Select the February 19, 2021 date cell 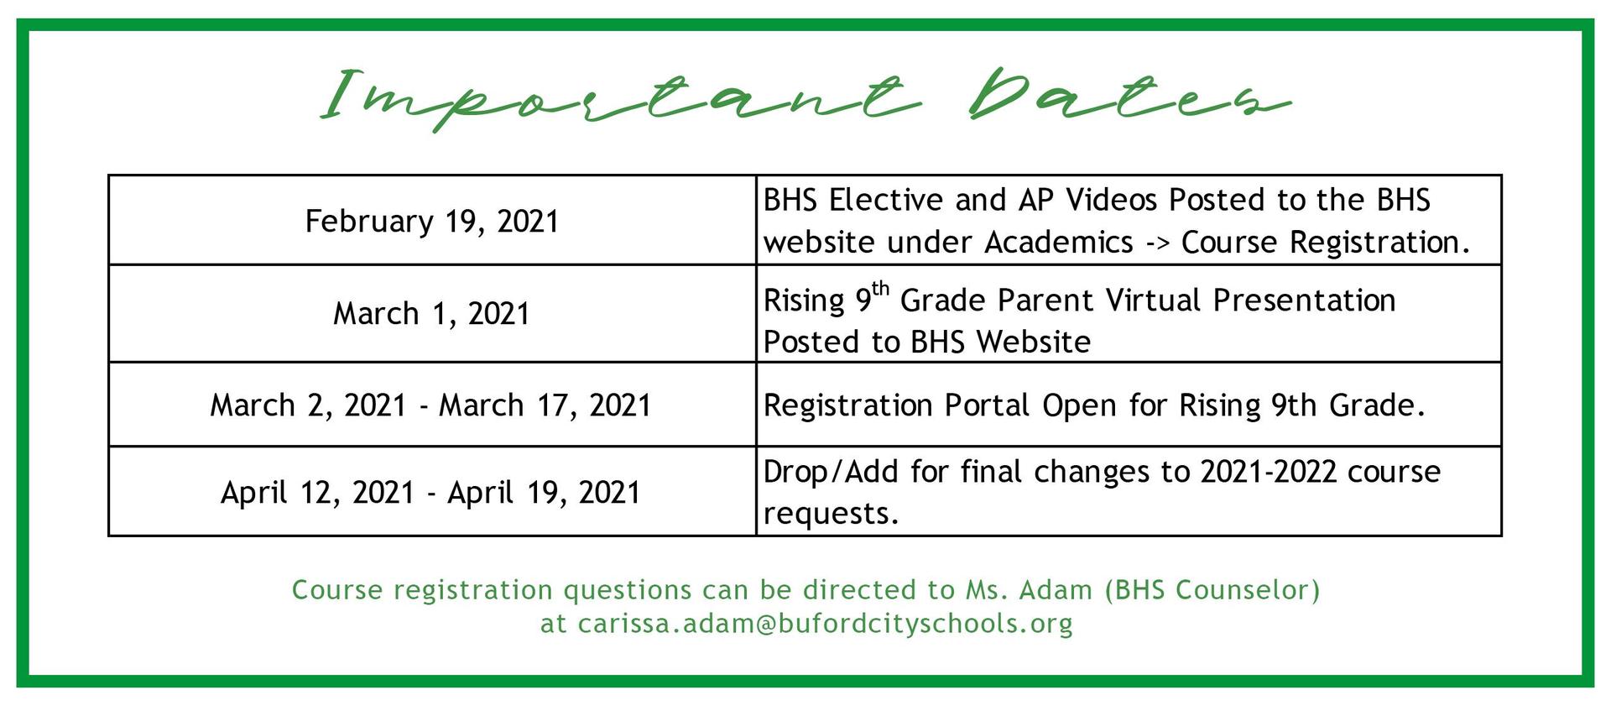[431, 222]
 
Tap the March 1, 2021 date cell [431, 314]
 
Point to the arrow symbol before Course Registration [1157, 243]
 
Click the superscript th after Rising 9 [880, 289]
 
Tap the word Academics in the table [1059, 243]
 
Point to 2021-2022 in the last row [1268, 472]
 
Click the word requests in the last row [831, 514]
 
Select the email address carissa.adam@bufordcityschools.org [826, 624]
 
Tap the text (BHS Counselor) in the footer [1212, 590]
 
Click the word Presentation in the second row [1305, 300]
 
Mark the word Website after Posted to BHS [1034, 342]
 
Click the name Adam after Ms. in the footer [1056, 590]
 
